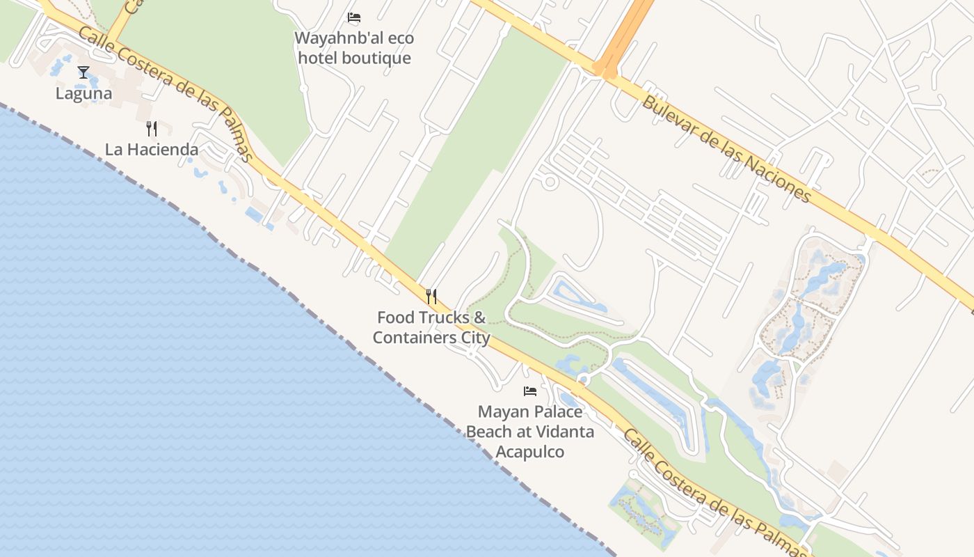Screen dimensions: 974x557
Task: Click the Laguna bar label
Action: coord(84,93)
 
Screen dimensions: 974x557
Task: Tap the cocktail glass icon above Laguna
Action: coord(83,72)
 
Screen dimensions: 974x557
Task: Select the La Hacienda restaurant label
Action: coord(152,149)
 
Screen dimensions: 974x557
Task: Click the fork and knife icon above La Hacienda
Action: coord(152,128)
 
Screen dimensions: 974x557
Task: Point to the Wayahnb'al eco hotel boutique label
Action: coord(354,47)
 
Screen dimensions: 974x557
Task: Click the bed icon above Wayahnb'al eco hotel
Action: coord(354,17)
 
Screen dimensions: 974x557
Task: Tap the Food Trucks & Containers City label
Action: coord(431,327)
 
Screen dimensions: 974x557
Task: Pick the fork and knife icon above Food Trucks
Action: coord(431,297)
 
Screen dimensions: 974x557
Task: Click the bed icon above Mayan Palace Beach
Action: coord(530,391)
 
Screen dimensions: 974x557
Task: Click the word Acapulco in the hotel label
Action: coord(530,452)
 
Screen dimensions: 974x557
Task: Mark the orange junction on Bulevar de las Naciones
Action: coord(604,68)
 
